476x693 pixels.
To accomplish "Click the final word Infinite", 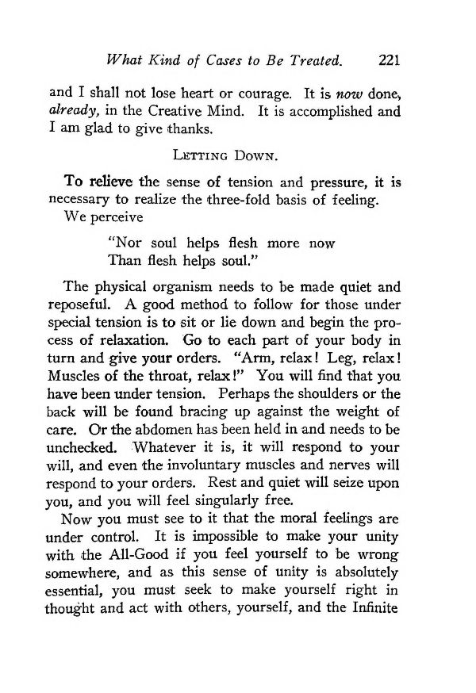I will [373, 615].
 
